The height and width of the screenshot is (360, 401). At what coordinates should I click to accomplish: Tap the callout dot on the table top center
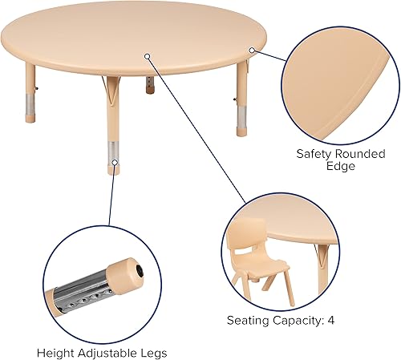click(x=148, y=55)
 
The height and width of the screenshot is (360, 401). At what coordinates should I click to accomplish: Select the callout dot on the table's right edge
click(x=252, y=50)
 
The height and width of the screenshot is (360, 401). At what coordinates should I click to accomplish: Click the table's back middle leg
click(x=150, y=85)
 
